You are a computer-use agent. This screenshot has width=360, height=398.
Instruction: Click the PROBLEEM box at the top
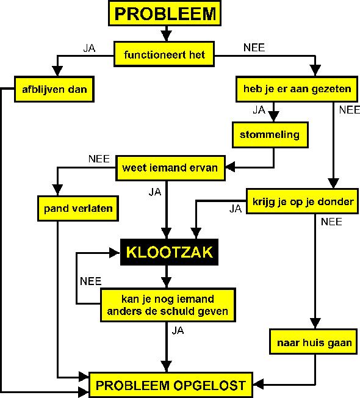[x=165, y=13]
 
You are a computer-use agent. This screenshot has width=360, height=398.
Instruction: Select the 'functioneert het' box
[x=164, y=54]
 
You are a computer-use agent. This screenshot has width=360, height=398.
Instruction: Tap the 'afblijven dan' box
[x=54, y=89]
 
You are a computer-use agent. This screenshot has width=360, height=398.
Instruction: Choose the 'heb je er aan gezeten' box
[x=297, y=89]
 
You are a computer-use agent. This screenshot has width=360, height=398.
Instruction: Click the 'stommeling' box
[x=270, y=135]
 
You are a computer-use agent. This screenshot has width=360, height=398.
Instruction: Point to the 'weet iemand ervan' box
[x=170, y=168]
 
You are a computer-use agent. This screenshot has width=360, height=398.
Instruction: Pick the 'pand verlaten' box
[x=78, y=208]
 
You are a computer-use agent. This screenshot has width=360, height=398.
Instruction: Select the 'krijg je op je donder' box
[x=303, y=201]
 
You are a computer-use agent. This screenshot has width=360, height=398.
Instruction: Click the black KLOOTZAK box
[x=169, y=252]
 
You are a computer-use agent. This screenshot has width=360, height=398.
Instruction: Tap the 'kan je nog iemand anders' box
[x=168, y=305]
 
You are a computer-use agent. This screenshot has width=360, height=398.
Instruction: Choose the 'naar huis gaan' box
[x=314, y=342]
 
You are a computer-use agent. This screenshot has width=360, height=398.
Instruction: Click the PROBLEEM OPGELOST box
[x=171, y=385]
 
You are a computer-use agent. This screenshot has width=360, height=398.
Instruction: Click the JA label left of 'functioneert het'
[x=89, y=48]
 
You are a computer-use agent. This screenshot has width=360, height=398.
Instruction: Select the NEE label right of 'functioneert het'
[x=254, y=48]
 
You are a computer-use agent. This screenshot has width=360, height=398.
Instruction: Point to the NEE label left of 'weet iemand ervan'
[x=99, y=159]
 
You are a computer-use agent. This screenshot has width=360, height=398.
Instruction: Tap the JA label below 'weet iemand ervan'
[x=155, y=192]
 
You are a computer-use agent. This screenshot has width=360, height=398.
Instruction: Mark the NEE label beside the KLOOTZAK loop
[x=90, y=281]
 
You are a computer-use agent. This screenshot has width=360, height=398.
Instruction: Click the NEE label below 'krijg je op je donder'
[x=331, y=222]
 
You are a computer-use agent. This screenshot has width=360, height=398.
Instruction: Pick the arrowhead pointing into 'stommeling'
[x=274, y=117]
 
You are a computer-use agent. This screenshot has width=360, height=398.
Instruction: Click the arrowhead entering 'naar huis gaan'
[x=315, y=324]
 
